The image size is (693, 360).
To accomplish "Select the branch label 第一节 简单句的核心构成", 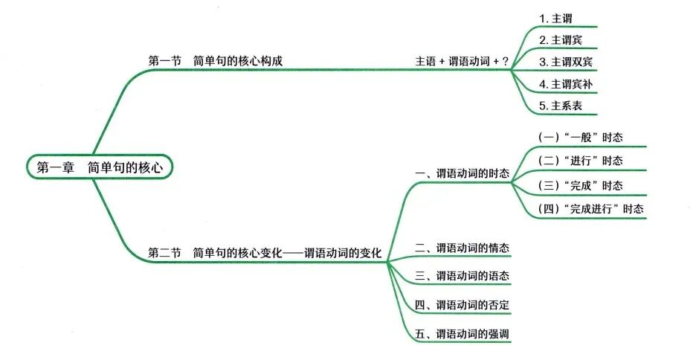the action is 216,61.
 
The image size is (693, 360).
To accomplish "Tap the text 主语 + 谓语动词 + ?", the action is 461,61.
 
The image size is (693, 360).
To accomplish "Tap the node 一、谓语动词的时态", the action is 462,173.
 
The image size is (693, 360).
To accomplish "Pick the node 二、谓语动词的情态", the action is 462,248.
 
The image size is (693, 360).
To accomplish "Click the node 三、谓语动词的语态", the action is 462,276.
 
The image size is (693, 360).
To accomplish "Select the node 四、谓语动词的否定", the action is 462,305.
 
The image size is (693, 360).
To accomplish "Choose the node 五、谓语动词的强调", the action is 462,333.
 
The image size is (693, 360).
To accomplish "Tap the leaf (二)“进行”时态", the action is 580,161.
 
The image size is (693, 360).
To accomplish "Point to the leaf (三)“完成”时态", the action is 580,185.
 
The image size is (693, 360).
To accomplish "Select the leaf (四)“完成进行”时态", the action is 590,209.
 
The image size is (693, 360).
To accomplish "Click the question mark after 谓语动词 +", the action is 506,61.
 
